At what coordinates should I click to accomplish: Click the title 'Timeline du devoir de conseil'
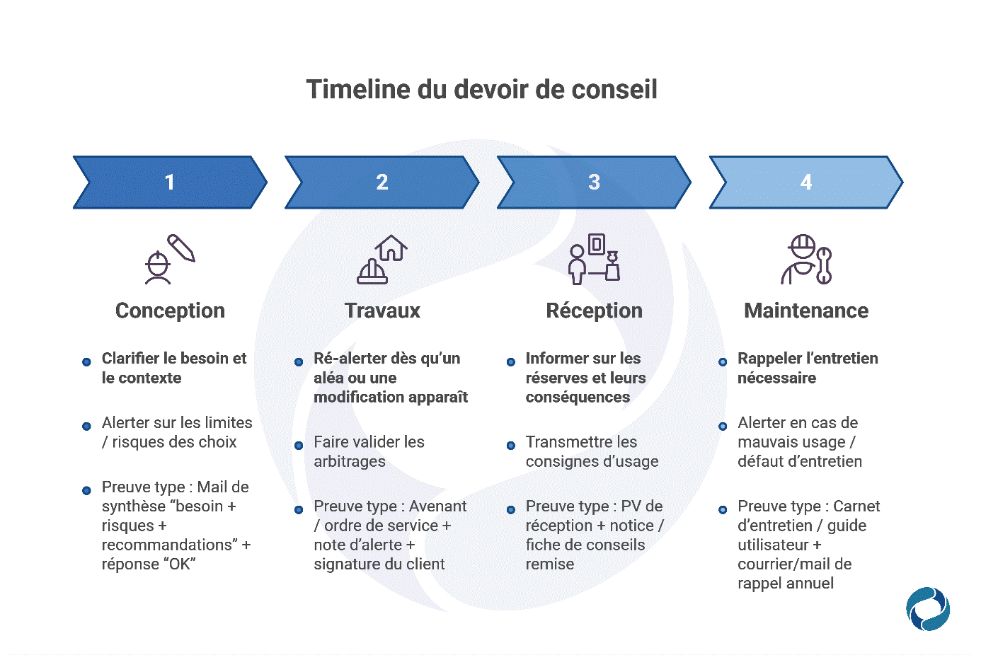click(481, 90)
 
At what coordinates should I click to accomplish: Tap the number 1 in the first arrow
click(170, 182)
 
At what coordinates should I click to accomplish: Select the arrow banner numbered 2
click(382, 182)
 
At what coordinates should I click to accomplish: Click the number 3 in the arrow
click(594, 182)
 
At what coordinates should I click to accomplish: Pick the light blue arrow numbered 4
click(806, 182)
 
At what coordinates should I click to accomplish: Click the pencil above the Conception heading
click(181, 248)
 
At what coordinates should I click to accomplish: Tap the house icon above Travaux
click(391, 248)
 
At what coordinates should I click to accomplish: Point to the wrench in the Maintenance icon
click(823, 266)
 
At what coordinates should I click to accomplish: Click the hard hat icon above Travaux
click(372, 272)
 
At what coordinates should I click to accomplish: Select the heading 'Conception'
click(170, 311)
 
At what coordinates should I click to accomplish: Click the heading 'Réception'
click(594, 311)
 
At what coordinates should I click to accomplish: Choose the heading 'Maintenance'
click(806, 311)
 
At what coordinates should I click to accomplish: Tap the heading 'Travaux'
click(382, 311)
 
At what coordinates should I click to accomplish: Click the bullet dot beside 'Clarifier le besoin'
click(86, 362)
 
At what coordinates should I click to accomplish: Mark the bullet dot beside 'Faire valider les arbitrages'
click(299, 446)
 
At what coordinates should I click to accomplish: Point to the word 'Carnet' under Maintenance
click(856, 506)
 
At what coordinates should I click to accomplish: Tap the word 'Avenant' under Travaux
click(437, 506)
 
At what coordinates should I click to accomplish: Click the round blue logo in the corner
click(927, 608)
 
